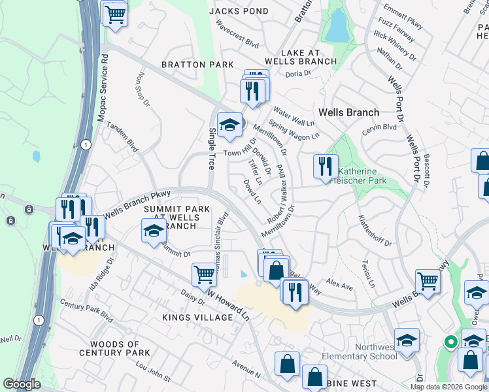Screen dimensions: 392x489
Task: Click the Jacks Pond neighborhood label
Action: pyautogui.click(x=239, y=11)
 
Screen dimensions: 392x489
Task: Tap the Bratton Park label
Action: pyautogui.click(x=198, y=65)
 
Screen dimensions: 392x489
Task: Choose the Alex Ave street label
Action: pyautogui.click(x=340, y=286)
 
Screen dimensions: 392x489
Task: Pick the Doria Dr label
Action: pyautogui.click(x=298, y=73)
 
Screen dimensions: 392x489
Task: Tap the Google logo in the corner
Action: pyautogui.click(x=22, y=384)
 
